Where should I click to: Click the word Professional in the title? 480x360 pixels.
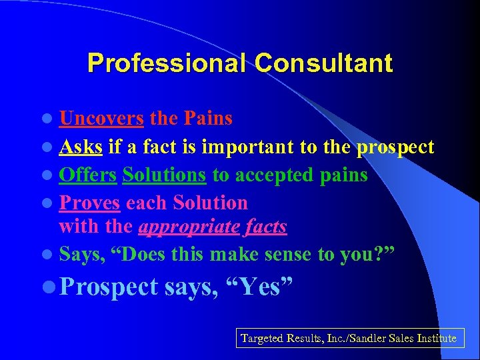167,63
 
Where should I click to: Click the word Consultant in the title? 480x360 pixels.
323,63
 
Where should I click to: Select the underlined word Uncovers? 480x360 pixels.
101,119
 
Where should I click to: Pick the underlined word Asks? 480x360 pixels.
81,147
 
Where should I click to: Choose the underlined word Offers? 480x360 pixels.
87,175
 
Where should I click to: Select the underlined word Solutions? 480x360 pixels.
165,175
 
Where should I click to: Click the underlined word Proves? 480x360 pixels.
89,203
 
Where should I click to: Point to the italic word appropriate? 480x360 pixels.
188,227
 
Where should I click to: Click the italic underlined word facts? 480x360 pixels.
265,227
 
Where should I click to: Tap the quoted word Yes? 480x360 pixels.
269,287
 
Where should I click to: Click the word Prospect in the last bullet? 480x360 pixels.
109,287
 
